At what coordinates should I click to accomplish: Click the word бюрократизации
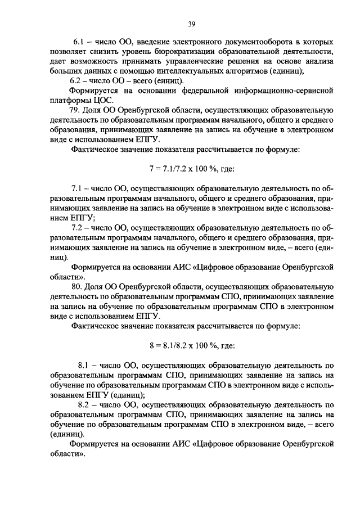(200, 52)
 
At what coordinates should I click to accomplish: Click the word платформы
(67, 100)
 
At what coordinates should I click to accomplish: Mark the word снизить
(107, 52)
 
